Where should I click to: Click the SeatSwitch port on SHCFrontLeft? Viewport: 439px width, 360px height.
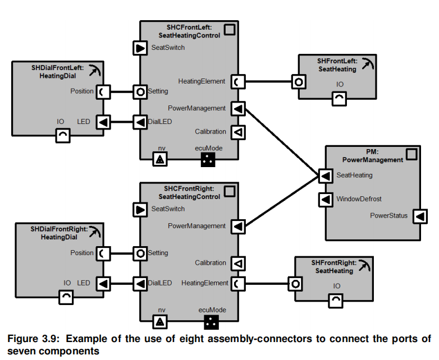(x=140, y=48)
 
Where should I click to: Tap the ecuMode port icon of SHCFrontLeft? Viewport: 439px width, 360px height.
(x=208, y=160)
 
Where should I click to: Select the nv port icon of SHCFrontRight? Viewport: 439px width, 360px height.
(x=160, y=322)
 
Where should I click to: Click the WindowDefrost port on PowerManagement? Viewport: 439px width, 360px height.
(x=325, y=199)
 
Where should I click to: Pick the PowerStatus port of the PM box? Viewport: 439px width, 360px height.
(x=420, y=216)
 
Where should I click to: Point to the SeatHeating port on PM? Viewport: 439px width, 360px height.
(x=325, y=176)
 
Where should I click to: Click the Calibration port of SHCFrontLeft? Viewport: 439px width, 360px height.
(x=238, y=132)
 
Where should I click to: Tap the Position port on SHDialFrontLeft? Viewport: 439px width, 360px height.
(x=103, y=91)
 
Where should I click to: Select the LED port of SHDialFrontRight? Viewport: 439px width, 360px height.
(x=103, y=283)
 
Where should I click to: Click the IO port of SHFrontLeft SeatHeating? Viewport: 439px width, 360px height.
(x=340, y=99)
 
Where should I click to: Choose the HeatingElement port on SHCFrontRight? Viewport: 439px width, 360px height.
(x=238, y=283)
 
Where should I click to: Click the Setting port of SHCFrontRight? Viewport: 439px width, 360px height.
(x=140, y=253)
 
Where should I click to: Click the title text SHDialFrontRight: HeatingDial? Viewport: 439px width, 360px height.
(x=58, y=233)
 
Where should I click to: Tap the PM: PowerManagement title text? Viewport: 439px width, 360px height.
(x=372, y=156)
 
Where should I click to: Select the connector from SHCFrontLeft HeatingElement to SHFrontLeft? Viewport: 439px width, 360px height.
(x=268, y=81)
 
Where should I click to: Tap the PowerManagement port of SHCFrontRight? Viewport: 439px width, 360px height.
(x=238, y=227)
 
